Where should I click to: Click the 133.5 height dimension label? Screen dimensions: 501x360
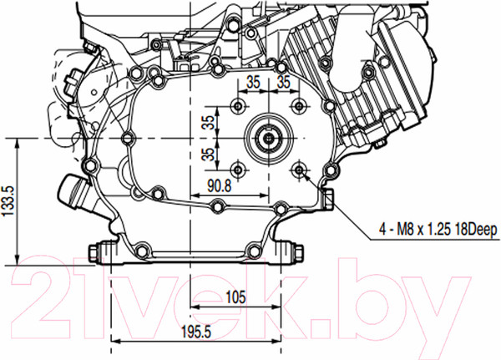[8, 201]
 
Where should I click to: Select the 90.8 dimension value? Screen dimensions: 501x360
[219, 185]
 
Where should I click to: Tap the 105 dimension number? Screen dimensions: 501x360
[235, 297]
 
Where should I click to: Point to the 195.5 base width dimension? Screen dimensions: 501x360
[196, 332]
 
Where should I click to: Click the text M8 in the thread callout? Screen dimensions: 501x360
[405, 230]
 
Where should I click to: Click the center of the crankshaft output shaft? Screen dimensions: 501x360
[269, 138]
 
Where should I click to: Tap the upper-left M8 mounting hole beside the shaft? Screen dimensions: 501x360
[238, 105]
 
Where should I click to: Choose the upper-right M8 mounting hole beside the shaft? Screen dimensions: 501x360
[299, 105]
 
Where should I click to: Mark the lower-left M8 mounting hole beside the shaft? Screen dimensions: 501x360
[238, 170]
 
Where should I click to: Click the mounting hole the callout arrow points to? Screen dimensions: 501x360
[299, 170]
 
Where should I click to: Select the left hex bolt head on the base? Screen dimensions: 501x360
[94, 252]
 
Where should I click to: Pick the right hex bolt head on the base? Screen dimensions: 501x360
[298, 252]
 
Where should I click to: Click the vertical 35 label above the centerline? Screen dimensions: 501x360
[210, 123]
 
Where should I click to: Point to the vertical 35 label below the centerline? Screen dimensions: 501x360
[210, 154]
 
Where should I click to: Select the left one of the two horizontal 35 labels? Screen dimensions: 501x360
[253, 82]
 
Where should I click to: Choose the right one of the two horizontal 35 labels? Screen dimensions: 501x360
[283, 82]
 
